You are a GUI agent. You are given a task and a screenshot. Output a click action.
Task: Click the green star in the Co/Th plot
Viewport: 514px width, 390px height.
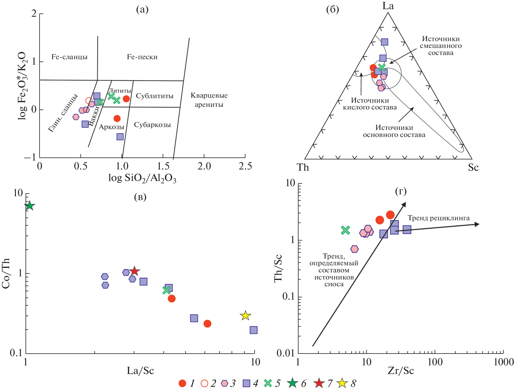point(29,206)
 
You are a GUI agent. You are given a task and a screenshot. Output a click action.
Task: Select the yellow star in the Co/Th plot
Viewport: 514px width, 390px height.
point(245,316)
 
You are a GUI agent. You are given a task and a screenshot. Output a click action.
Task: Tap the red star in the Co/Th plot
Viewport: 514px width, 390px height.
point(134,271)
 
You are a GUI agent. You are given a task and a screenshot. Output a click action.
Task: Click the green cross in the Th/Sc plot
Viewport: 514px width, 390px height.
point(345,230)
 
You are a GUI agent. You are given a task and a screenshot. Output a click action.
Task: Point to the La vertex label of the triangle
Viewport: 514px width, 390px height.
point(388,6)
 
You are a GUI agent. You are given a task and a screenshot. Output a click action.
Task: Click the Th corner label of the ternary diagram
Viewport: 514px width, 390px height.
point(303,167)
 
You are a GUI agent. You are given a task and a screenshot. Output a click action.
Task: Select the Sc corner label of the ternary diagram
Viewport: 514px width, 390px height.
point(473,167)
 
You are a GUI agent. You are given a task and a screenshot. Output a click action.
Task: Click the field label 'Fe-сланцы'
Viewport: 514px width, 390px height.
point(69,57)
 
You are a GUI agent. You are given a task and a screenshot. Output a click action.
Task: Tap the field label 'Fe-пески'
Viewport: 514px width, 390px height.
point(142,57)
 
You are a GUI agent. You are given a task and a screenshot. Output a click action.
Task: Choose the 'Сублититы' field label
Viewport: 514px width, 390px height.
point(155,96)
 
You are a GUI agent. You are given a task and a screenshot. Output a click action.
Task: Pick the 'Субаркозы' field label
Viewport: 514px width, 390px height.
point(152,125)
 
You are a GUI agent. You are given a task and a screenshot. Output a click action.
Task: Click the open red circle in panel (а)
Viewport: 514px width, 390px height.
point(89,101)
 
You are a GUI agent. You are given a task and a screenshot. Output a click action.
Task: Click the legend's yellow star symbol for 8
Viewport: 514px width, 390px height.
point(342,383)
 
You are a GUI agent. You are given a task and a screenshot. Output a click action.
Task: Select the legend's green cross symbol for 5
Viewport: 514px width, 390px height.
point(268,383)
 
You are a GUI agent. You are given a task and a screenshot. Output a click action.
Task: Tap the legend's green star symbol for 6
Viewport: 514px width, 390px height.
point(292,383)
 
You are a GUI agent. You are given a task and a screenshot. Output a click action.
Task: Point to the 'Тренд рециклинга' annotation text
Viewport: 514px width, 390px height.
point(439,218)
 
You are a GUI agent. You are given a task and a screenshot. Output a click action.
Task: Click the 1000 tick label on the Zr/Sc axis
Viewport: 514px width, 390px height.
point(504,362)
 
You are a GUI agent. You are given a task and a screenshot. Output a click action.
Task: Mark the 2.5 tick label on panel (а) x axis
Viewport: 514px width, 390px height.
point(245,166)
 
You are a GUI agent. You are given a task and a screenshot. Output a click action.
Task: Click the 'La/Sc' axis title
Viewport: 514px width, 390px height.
point(140,371)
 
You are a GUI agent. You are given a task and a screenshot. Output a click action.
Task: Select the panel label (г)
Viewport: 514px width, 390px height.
point(401,191)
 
